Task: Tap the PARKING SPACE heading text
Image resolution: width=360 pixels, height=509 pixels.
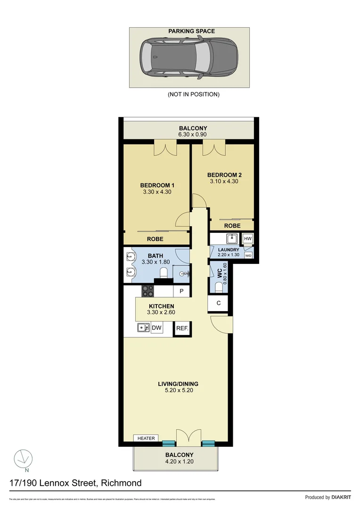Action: point(191,31)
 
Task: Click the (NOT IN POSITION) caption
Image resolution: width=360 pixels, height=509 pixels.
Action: point(193,94)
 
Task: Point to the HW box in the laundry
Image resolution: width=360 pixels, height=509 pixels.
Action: point(248,239)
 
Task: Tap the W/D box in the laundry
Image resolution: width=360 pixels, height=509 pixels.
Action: point(248,255)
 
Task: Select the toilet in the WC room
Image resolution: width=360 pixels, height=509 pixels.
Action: point(219,287)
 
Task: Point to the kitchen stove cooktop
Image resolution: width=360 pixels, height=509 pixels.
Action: point(148,291)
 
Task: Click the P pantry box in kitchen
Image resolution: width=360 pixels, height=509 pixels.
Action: point(180,292)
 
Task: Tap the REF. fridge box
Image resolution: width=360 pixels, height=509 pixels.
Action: point(182,329)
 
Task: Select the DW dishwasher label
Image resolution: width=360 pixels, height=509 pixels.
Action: point(156,328)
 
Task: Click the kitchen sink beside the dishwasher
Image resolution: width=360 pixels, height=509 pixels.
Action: point(143,328)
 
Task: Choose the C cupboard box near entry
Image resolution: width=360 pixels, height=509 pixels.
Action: point(218,303)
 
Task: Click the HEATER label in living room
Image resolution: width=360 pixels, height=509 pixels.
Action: point(146,438)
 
